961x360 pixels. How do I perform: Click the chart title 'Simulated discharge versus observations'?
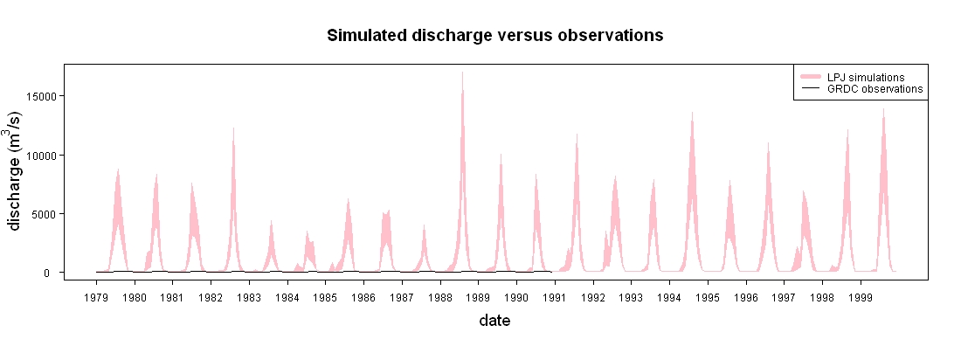point(494,36)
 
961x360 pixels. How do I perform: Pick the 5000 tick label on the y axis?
point(45,214)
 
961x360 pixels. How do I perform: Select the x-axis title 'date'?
point(494,320)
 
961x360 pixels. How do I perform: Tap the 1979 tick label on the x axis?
point(96,297)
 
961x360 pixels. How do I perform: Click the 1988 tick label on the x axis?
point(440,297)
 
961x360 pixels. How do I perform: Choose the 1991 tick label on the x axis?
point(555,297)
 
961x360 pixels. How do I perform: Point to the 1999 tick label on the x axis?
point(861,297)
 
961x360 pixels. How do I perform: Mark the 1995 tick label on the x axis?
point(708,297)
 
